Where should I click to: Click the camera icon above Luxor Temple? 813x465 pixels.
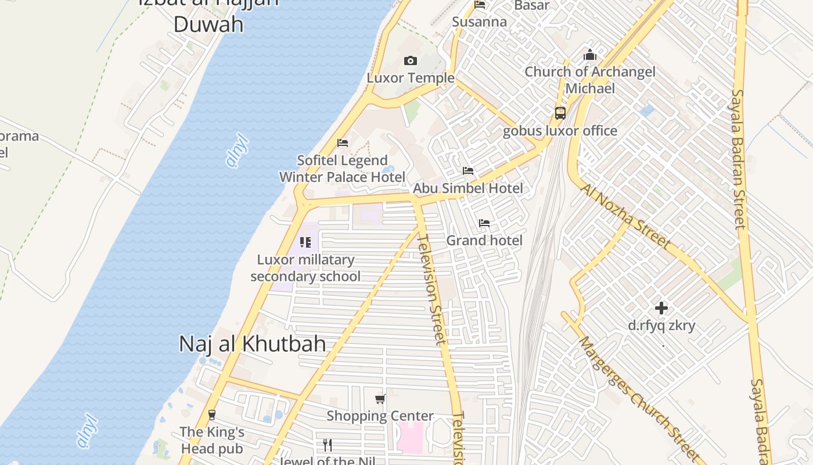(x=411, y=61)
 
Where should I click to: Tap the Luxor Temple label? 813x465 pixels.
(x=411, y=78)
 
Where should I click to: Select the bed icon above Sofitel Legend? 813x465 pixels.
(x=343, y=143)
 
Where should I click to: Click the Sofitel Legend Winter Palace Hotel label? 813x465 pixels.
(x=342, y=169)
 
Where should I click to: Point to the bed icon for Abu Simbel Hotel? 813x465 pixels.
(x=468, y=171)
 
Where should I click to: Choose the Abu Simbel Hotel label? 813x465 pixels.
(x=468, y=188)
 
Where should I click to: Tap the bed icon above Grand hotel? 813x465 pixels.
(x=484, y=223)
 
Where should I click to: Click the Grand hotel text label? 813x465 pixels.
(x=484, y=241)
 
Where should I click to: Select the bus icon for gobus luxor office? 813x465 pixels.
(x=560, y=113)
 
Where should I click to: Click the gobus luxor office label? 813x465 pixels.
(x=560, y=131)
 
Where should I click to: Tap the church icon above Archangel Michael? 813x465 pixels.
(x=590, y=55)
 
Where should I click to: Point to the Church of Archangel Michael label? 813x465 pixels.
(x=590, y=80)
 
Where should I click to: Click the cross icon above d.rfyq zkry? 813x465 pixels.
(x=661, y=308)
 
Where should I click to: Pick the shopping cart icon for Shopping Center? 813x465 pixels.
(x=380, y=399)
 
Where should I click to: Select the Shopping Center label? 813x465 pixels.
(x=380, y=416)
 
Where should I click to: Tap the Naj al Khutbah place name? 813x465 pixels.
(x=252, y=344)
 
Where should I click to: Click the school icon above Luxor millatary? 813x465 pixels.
(x=305, y=242)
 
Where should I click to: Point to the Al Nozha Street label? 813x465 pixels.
(x=625, y=216)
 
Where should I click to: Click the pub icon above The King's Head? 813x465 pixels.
(x=212, y=415)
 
